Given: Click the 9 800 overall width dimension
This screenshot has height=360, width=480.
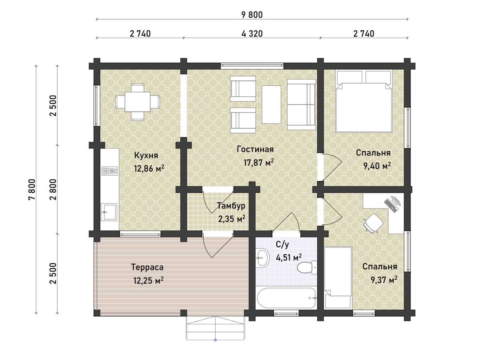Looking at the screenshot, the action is click(x=252, y=15).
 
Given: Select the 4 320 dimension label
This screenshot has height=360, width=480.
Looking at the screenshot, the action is click(x=252, y=34).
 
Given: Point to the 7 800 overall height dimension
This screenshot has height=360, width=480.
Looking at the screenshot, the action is click(x=32, y=190).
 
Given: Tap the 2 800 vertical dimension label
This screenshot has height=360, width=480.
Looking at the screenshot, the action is click(x=53, y=190).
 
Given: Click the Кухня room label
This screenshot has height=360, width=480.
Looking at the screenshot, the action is click(x=146, y=156).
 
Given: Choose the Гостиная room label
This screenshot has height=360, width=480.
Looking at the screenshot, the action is click(x=255, y=149).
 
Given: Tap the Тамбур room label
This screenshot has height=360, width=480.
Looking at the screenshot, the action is click(x=231, y=206).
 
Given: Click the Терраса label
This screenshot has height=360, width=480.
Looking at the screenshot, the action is click(x=147, y=267).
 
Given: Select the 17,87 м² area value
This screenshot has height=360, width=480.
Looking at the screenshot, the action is click(x=259, y=162).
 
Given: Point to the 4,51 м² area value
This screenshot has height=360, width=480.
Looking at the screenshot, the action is click(x=289, y=258).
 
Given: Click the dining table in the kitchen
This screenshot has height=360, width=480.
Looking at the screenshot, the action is click(x=138, y=102).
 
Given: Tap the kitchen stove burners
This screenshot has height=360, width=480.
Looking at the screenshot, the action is click(x=110, y=171).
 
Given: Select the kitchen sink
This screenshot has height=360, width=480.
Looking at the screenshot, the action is click(x=109, y=211).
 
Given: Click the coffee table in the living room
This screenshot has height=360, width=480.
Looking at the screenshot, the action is click(x=271, y=104).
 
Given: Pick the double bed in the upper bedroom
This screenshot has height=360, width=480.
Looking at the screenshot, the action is click(x=364, y=102).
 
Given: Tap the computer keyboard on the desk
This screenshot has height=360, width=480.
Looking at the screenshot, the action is click(x=390, y=206).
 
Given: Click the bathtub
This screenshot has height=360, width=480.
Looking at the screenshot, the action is click(x=286, y=298).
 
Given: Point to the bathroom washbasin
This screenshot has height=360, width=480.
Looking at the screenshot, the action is click(x=262, y=258).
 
